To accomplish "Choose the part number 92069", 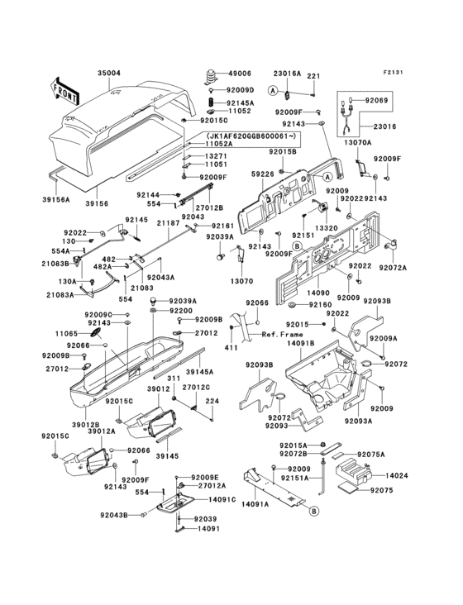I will point(376,98).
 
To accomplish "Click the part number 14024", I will point(398,475).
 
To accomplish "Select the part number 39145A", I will point(222,372).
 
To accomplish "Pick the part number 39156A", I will point(57,199).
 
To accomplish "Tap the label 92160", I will point(320,304).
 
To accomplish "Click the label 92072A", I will point(393,268).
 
